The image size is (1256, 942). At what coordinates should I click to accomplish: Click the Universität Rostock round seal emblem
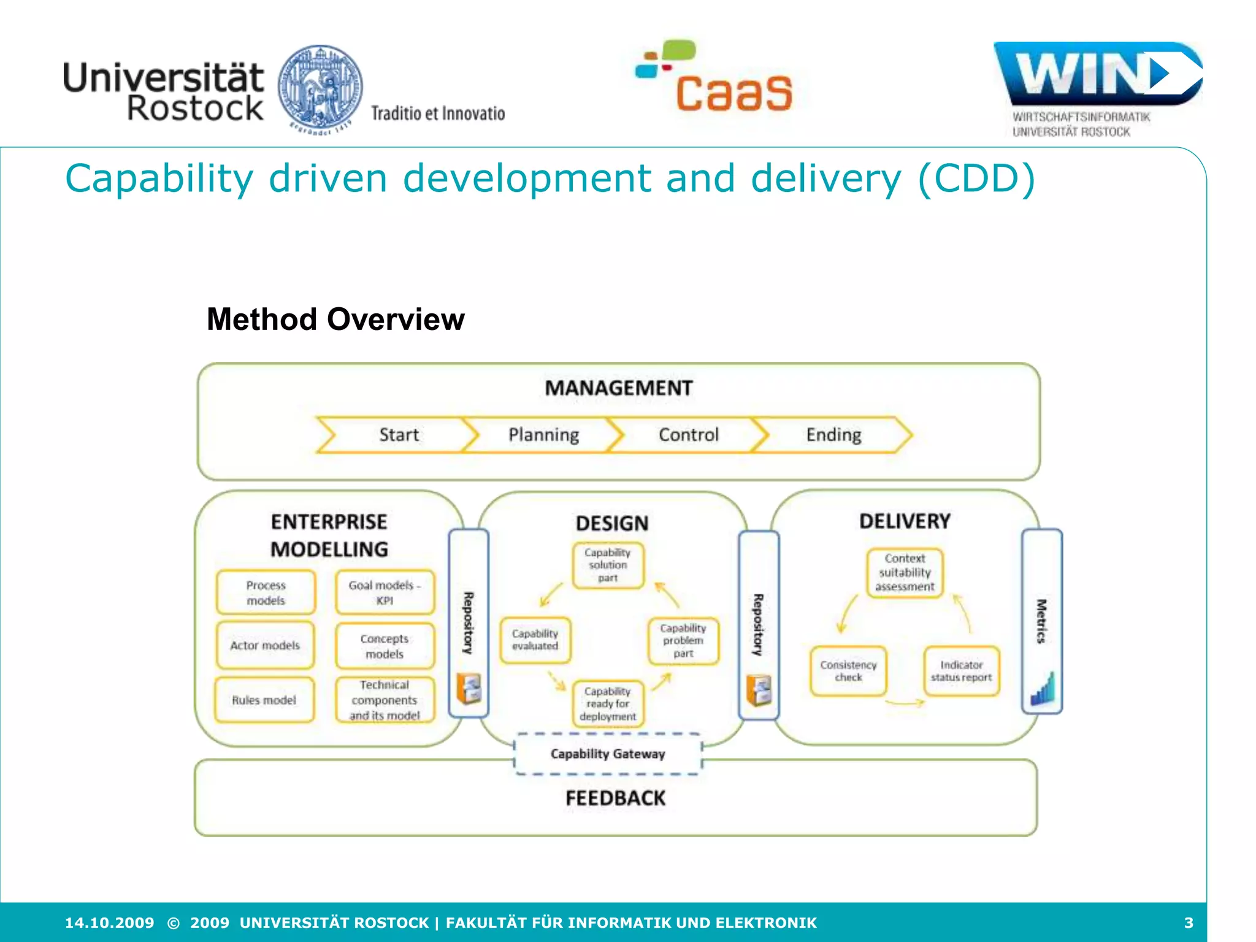[x=320, y=89]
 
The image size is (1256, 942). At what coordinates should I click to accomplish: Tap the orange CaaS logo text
[x=734, y=93]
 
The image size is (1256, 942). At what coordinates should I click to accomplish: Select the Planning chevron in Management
[x=543, y=435]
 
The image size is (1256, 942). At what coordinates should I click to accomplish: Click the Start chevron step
[x=399, y=435]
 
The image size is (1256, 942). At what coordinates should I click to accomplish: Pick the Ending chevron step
[x=833, y=435]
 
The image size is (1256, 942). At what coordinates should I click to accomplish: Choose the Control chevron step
[x=688, y=435]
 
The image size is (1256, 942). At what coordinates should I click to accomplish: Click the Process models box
[x=266, y=592]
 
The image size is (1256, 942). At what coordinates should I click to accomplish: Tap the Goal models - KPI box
[x=385, y=592]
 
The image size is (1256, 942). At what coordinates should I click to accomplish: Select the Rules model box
[x=264, y=700]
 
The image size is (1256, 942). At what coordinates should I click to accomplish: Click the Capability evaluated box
[x=535, y=640]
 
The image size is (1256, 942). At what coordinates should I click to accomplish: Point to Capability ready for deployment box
[x=608, y=703]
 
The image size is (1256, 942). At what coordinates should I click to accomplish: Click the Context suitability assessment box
[x=905, y=572]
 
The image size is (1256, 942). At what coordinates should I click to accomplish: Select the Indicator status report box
[x=961, y=671]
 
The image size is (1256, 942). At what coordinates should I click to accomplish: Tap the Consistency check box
[x=848, y=671]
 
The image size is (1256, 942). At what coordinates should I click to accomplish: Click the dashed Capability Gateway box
[x=608, y=754]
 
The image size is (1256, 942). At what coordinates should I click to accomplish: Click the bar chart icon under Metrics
[x=1042, y=689]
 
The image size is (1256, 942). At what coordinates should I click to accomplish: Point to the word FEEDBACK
[x=615, y=798]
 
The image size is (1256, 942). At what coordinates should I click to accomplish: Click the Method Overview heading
[x=335, y=320]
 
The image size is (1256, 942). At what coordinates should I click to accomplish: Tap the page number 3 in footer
[x=1189, y=922]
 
